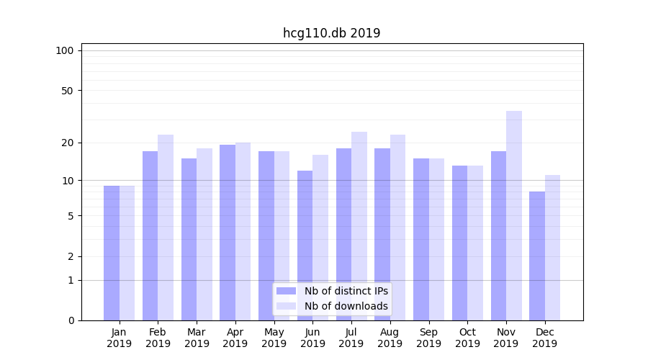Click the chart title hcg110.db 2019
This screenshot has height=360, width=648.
(331, 33)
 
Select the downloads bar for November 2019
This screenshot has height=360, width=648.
(514, 216)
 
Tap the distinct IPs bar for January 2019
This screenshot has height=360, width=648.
(112, 253)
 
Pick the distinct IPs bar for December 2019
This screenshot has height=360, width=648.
(537, 256)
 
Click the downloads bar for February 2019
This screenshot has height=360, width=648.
(166, 228)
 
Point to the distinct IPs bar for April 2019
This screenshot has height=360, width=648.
(228, 233)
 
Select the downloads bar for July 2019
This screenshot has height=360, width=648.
(359, 226)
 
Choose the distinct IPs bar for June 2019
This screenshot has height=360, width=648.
(305, 246)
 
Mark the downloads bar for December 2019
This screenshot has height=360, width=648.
(552, 248)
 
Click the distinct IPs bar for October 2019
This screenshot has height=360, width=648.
(459, 243)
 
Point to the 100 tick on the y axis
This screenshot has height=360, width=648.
(65, 50)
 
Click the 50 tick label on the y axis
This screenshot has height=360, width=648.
(68, 91)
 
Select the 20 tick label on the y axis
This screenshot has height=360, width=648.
(68, 143)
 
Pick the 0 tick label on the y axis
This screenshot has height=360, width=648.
(71, 320)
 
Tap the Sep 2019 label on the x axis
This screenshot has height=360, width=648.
(428, 338)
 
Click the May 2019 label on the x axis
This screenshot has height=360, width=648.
(274, 338)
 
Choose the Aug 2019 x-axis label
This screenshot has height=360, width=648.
(390, 338)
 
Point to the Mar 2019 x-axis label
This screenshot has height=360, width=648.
(197, 338)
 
